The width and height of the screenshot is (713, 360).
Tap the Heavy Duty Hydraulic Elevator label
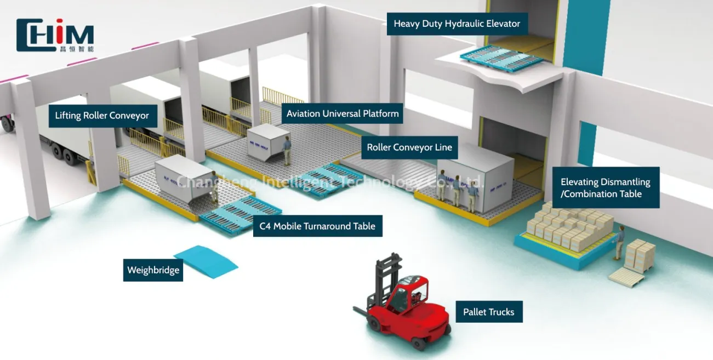(457, 24)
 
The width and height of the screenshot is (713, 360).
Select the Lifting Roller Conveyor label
(102, 116)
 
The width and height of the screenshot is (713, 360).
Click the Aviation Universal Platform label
(343, 114)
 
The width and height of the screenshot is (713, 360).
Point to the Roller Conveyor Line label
(409, 147)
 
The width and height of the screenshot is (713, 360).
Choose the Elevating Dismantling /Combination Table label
(605, 187)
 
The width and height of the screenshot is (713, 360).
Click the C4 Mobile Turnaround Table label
(317, 226)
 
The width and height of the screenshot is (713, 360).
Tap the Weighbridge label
(153, 270)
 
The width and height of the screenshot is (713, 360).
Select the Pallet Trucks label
(488, 312)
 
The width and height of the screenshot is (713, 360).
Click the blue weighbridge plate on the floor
(206, 260)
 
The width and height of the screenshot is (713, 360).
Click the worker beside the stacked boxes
(619, 242)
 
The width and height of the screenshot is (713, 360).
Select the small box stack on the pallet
(640, 254)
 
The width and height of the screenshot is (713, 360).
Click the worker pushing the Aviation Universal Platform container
(287, 150)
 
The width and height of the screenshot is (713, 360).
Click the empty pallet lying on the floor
(626, 276)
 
